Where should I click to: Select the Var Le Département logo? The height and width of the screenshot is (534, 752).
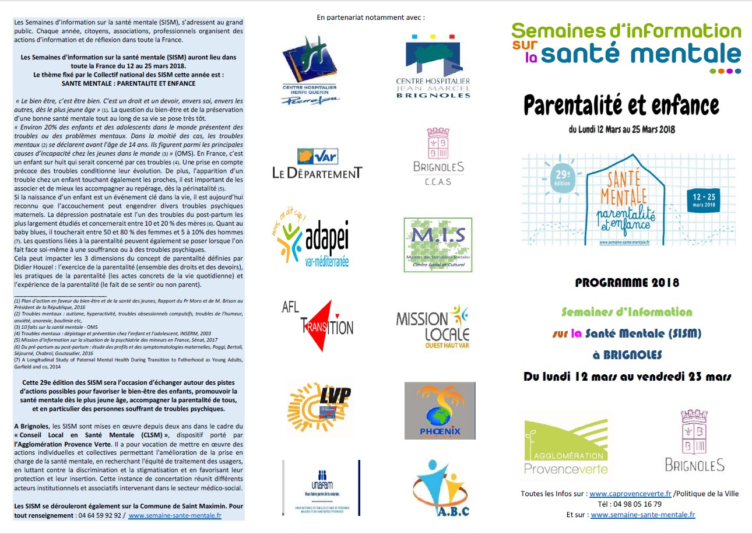(317, 164)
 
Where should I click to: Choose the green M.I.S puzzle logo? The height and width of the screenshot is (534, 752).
(438, 245)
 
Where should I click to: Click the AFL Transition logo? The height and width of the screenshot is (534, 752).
(317, 325)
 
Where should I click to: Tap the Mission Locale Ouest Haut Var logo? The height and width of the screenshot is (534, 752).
(433, 327)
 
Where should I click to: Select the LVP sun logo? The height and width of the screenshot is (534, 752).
(320, 406)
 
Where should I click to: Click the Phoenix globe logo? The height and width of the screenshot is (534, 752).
(440, 410)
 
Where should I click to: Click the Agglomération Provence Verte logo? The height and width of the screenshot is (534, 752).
(565, 446)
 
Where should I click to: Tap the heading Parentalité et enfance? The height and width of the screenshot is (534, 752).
(621, 105)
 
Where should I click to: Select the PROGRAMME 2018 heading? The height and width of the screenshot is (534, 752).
(627, 283)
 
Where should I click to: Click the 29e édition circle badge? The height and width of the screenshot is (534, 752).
(561, 174)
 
